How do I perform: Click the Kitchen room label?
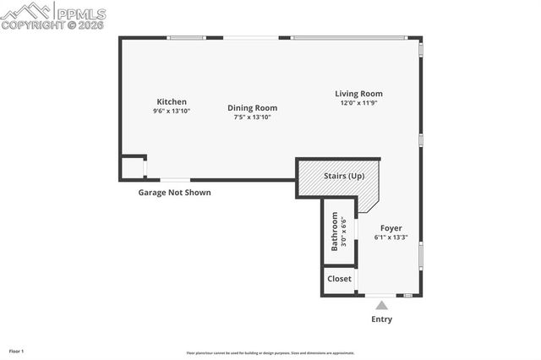(x=172, y=101)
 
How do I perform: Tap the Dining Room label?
(x=252, y=107)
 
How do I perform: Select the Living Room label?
(x=358, y=94)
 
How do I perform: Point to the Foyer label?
(x=391, y=228)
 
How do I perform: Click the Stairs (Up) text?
(x=344, y=176)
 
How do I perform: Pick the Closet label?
(x=339, y=279)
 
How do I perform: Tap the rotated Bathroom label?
(x=335, y=231)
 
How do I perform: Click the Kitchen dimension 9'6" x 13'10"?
(x=172, y=111)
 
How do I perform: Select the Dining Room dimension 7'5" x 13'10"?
(x=252, y=117)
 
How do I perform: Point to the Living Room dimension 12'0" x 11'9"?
(x=358, y=103)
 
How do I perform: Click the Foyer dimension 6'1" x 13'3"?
(x=391, y=237)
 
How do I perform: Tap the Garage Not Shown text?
(x=174, y=193)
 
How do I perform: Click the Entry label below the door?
(x=382, y=319)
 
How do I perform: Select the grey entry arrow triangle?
(x=382, y=305)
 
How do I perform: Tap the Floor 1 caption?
(x=17, y=350)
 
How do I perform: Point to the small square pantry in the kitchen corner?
(x=132, y=167)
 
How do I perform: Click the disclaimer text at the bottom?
(x=270, y=353)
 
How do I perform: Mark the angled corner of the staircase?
(x=369, y=203)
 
